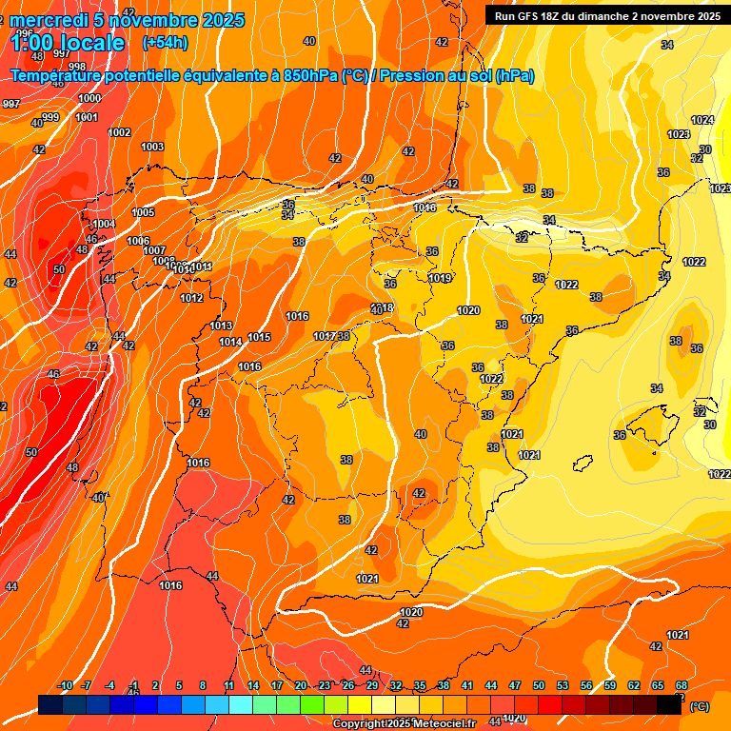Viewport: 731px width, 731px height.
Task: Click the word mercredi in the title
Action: (49, 20)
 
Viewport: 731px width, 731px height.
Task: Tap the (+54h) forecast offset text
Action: (165, 43)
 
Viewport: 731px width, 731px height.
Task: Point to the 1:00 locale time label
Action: (68, 43)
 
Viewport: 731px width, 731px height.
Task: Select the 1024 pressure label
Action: (702, 120)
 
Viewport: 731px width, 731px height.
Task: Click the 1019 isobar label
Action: (440, 279)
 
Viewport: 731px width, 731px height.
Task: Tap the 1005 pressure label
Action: (143, 212)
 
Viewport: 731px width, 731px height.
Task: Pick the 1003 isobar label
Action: (152, 147)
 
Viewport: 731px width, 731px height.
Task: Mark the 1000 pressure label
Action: (89, 98)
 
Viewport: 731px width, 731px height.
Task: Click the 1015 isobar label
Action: (259, 337)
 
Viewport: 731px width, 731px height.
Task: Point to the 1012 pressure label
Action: (191, 298)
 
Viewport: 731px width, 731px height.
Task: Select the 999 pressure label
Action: (50, 117)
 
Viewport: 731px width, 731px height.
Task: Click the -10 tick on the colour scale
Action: (65, 685)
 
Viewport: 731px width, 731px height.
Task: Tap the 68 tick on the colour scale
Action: (682, 685)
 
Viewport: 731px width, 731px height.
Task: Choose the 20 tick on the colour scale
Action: (301, 685)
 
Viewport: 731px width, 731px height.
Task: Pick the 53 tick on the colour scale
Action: (563, 685)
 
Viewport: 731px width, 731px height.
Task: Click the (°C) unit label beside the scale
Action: (700, 706)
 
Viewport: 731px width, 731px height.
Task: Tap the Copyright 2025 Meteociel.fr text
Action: (404, 723)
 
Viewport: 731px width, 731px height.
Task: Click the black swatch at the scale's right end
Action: (669, 704)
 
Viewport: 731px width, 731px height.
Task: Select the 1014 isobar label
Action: (230, 343)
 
